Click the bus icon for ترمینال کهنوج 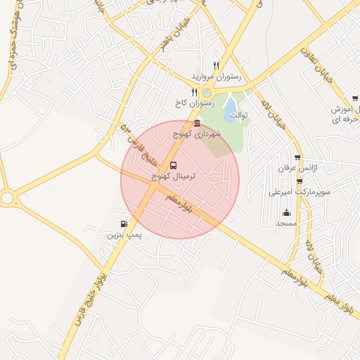(174, 166)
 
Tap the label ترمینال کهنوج (175, 177)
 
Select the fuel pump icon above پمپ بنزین (124, 225)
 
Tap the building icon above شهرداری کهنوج (197, 124)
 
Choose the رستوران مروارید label (216, 76)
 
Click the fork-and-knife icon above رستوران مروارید (217, 65)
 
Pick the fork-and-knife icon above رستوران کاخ (194, 91)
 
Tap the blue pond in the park (230, 108)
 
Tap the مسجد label (285, 223)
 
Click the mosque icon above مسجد (285, 213)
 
